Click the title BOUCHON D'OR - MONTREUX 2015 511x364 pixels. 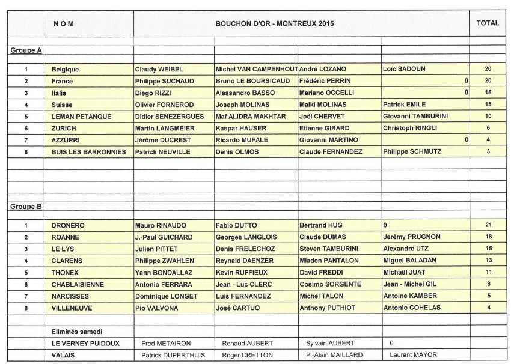[x=275, y=23]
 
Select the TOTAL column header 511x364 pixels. [x=487, y=23]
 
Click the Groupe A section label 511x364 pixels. [x=26, y=50]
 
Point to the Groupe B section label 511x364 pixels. [x=26, y=207]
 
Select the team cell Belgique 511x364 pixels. [x=66, y=69]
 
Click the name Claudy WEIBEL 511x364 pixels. [x=159, y=69]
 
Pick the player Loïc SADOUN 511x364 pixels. [x=403, y=69]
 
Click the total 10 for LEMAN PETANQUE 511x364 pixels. [x=488, y=116]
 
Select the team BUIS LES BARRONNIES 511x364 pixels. [x=89, y=152]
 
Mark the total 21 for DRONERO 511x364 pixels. [x=488, y=225]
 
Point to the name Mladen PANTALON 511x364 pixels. [x=329, y=261]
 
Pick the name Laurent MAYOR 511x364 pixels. [x=413, y=354]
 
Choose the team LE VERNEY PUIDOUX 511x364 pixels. [x=85, y=343]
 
